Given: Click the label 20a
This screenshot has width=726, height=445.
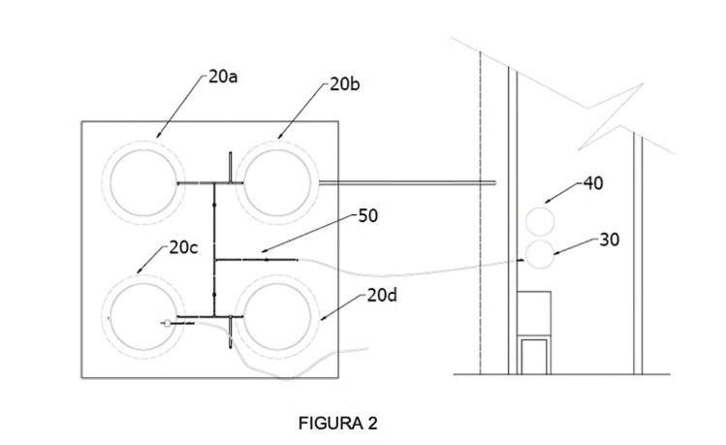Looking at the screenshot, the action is [x=223, y=77].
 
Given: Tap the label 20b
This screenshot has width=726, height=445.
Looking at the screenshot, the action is [x=344, y=84].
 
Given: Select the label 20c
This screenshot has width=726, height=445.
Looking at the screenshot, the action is [x=183, y=248].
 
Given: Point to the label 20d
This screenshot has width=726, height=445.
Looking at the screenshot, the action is [x=382, y=295].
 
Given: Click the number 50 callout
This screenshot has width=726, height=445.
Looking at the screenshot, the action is [x=368, y=216].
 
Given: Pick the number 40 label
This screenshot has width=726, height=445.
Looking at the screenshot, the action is [x=593, y=183].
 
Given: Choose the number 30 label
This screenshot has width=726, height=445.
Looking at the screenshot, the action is [x=610, y=239].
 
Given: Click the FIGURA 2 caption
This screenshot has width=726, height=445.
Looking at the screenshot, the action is [x=338, y=423].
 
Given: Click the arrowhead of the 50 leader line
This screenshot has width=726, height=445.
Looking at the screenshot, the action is [x=264, y=251].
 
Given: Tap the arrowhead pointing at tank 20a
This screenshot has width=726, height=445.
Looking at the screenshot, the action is [x=158, y=135].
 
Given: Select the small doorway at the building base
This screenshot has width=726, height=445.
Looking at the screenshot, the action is [x=534, y=356].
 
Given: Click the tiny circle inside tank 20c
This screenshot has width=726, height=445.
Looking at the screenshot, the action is [x=167, y=323].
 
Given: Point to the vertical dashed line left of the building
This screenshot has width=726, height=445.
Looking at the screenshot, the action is [x=481, y=213].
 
